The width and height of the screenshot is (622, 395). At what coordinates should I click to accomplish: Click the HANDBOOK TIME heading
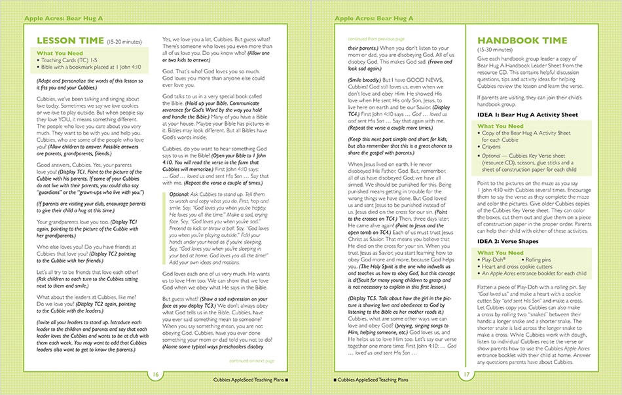(x=522, y=41)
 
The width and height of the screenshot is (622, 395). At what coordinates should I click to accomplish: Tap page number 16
(x=156, y=374)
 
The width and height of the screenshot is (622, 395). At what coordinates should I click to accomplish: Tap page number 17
(x=467, y=374)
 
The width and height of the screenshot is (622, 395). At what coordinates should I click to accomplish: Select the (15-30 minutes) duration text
(x=496, y=50)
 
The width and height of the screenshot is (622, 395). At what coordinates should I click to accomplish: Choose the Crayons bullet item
(x=492, y=147)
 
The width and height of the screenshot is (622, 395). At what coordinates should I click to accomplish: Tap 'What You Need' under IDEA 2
(x=500, y=253)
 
